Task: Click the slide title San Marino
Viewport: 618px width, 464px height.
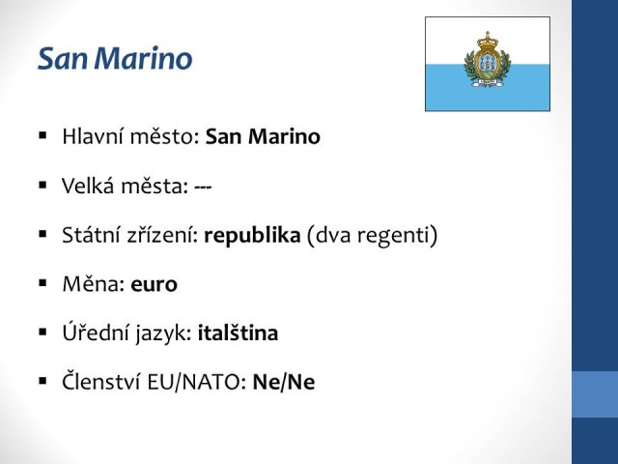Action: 115,58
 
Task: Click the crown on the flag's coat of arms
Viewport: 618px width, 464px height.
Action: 488,41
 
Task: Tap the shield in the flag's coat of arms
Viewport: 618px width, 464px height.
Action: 488,64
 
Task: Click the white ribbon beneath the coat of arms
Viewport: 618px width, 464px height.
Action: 488,82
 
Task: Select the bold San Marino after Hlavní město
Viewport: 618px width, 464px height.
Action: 263,136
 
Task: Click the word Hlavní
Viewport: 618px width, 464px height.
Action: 93,136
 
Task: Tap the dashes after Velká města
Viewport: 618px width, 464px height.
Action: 203,187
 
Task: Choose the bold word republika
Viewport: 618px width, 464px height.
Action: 252,235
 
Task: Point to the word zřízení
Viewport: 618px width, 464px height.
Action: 163,235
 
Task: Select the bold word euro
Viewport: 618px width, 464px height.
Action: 154,284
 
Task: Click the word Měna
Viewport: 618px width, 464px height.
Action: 94,283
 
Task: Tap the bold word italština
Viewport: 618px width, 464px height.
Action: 238,333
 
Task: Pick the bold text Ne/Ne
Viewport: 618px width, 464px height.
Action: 284,382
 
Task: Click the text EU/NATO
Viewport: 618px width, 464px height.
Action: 197,382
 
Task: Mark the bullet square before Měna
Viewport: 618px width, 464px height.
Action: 42,283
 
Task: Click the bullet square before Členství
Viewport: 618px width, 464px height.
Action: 42,381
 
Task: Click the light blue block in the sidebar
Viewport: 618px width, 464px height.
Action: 595,394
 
